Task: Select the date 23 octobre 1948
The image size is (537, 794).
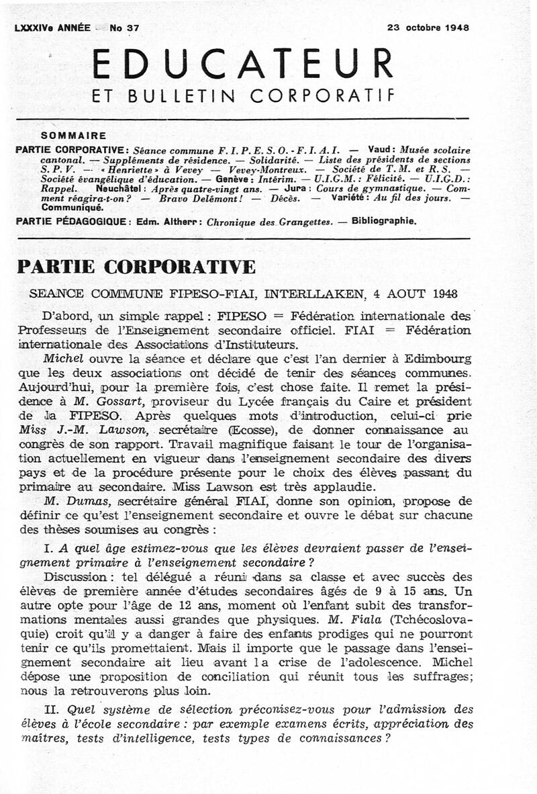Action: (x=428, y=28)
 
